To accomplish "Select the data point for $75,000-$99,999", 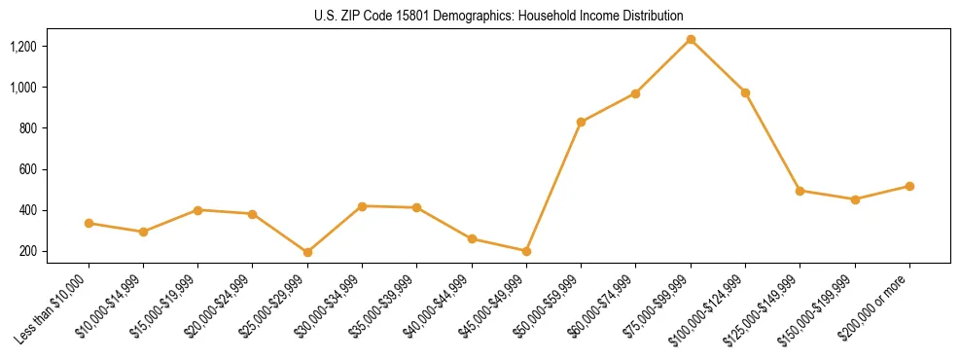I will [691, 39].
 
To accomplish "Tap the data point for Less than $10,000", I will [89, 223].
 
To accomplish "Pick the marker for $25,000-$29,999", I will [307, 252].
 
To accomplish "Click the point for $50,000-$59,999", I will [581, 122].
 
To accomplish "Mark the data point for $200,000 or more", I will [909, 186].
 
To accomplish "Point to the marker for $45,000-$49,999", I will [526, 251].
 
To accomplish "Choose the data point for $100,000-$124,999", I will [745, 92].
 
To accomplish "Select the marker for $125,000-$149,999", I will [800, 191].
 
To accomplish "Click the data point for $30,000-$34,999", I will [362, 206].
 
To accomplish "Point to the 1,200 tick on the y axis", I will [22, 47].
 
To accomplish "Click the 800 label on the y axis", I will [27, 128].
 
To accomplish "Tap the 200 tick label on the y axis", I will [27, 251].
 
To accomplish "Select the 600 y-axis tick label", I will [27, 169].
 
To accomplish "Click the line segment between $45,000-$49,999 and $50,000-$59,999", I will [553, 187].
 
